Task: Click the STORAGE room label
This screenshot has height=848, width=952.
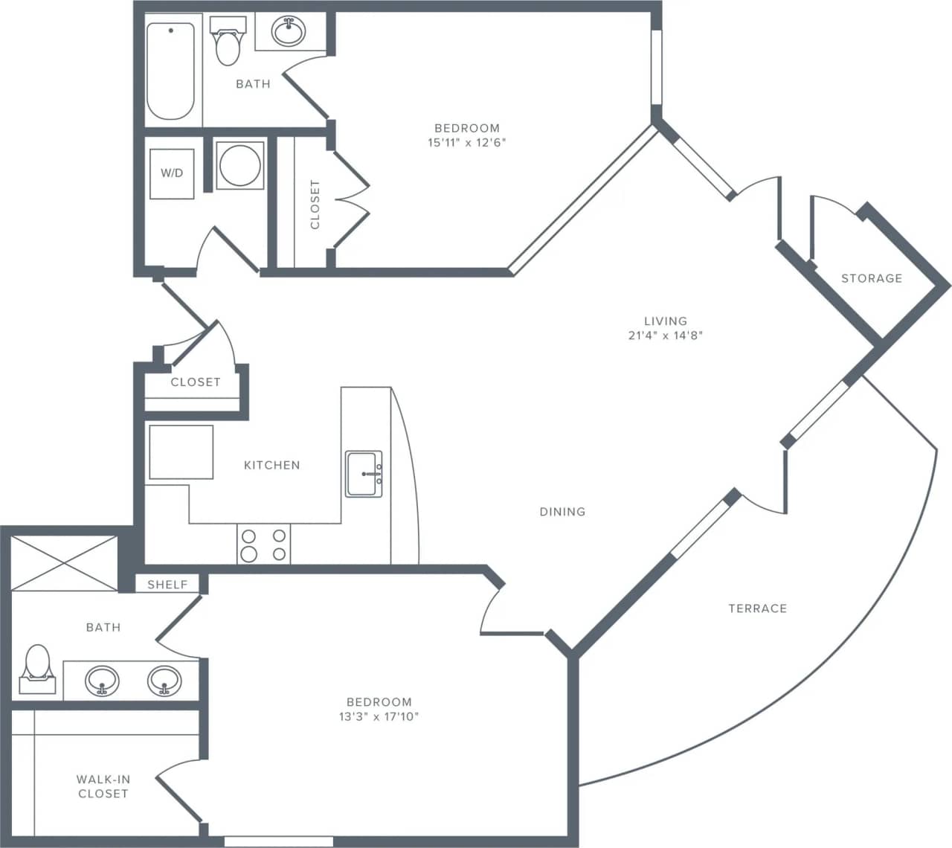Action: (x=871, y=278)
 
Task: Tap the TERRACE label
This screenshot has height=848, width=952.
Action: (x=757, y=608)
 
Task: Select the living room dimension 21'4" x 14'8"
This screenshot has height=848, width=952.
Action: (x=665, y=335)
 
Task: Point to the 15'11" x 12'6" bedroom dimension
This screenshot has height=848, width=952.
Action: (x=466, y=142)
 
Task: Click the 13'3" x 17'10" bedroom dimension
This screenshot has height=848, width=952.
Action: (x=379, y=716)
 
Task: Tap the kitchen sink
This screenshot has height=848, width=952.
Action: (x=364, y=474)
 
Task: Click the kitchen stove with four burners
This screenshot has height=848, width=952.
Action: (x=263, y=545)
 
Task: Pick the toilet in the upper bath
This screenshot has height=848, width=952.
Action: (x=227, y=43)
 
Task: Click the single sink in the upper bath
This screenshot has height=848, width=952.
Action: (x=289, y=32)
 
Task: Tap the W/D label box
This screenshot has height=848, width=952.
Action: (x=172, y=173)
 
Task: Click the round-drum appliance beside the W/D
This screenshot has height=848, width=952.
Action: (x=239, y=165)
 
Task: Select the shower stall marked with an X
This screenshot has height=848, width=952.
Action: (x=64, y=563)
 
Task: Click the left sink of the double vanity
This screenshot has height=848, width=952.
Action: (x=102, y=681)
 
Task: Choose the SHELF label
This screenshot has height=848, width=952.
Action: (x=167, y=585)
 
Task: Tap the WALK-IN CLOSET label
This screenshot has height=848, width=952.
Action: (x=103, y=786)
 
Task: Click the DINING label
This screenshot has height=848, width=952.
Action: (x=562, y=512)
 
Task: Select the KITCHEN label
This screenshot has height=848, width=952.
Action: (x=272, y=465)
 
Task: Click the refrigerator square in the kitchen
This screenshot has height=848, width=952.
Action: (x=181, y=452)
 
